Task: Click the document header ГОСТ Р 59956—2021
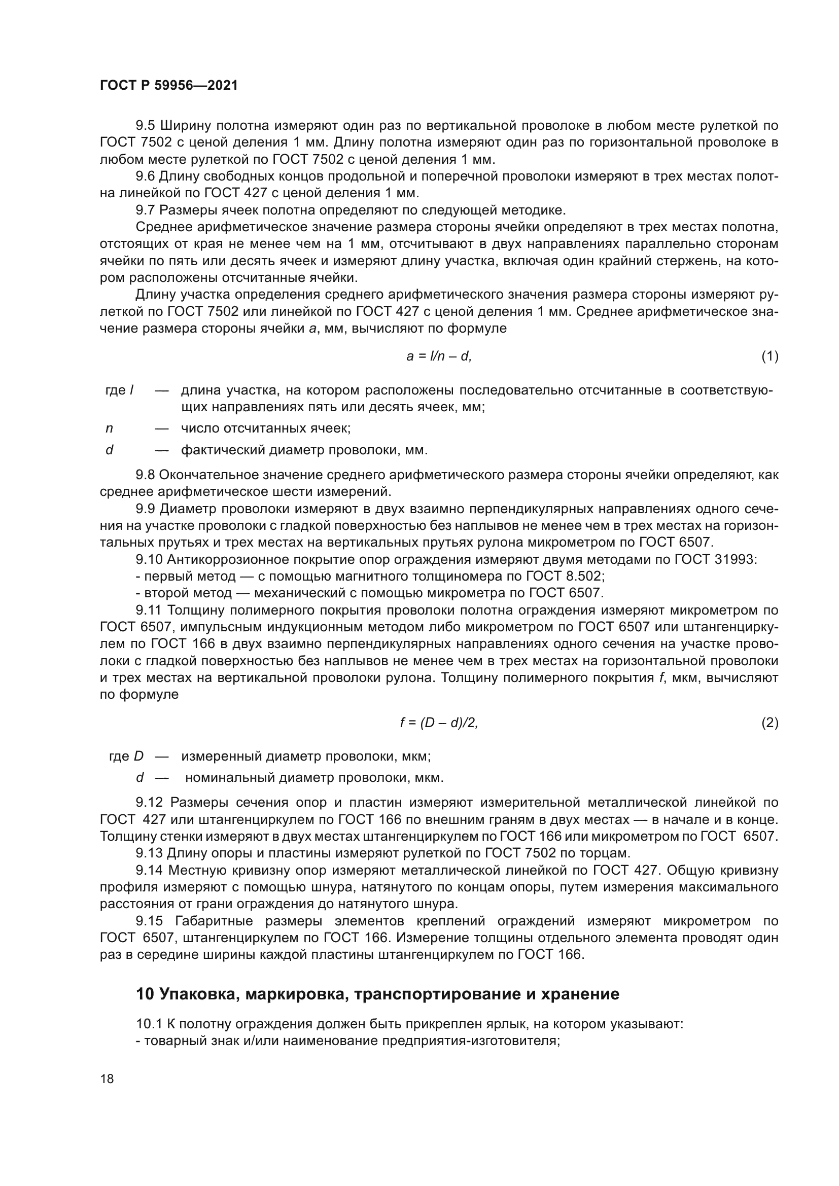point(169,86)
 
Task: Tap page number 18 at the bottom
point(107,1079)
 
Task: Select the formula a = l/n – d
point(439,356)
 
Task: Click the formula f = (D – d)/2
point(439,723)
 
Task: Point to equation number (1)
point(770,356)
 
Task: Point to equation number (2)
point(770,723)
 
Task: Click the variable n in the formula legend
point(109,428)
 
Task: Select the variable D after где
point(138,756)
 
